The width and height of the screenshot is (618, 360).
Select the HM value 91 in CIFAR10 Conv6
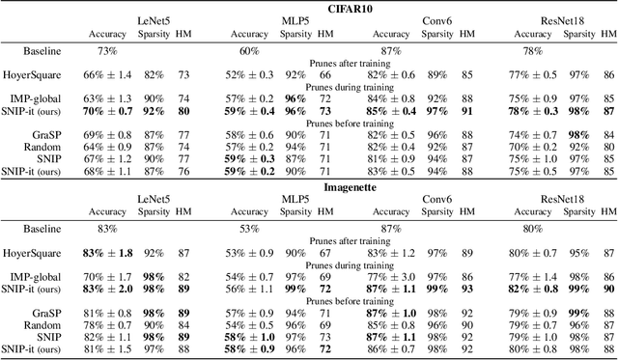click(466, 110)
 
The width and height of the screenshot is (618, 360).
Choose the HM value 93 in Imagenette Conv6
click(467, 289)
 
